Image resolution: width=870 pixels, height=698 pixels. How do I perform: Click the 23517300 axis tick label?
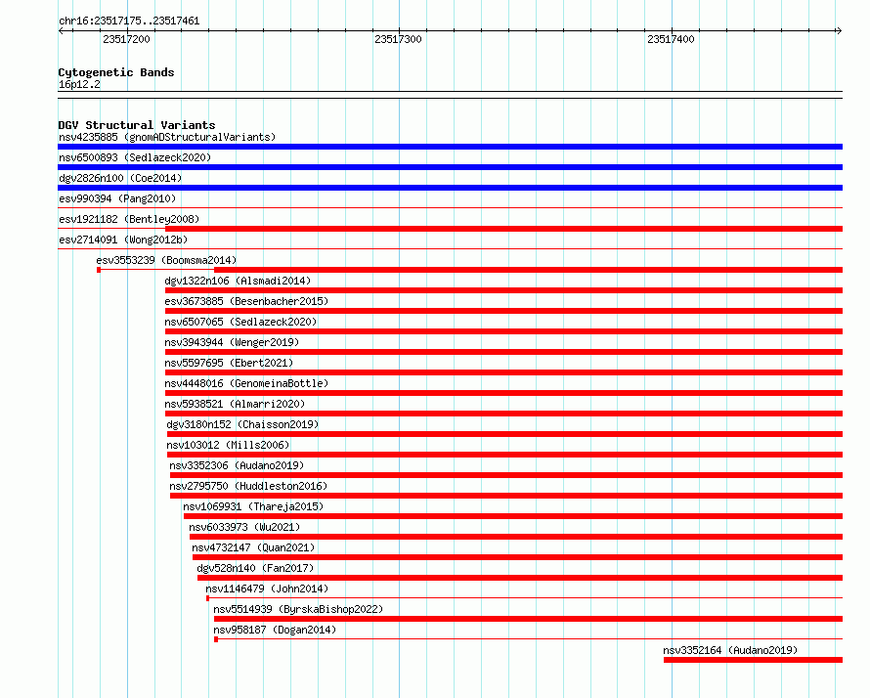click(x=398, y=39)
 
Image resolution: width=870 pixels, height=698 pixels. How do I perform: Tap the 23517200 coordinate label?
click(x=126, y=39)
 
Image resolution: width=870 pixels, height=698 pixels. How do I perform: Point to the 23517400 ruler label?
click(x=671, y=39)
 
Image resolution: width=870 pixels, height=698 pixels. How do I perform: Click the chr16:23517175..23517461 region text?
click(x=129, y=22)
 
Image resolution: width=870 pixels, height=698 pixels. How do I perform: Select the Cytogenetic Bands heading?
click(x=116, y=72)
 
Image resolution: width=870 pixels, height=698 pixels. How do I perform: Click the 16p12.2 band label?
click(x=79, y=84)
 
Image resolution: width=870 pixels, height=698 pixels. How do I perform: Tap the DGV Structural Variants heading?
click(x=137, y=125)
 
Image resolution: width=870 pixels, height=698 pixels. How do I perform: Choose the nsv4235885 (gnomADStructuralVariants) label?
click(x=167, y=137)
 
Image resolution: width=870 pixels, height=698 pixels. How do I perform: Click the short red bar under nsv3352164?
click(x=753, y=660)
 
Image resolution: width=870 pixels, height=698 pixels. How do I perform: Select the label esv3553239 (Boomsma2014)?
click(x=166, y=260)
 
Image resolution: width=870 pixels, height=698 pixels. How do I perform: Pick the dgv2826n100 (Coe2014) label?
click(x=120, y=178)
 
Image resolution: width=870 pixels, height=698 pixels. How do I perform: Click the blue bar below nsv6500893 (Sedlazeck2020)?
click(x=450, y=167)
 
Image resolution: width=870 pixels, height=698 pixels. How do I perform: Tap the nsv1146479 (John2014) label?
click(x=267, y=589)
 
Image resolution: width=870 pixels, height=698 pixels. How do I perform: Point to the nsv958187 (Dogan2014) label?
click(x=275, y=630)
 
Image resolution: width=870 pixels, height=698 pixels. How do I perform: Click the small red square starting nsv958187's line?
click(x=216, y=639)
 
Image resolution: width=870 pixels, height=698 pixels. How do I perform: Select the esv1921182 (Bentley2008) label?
click(x=129, y=219)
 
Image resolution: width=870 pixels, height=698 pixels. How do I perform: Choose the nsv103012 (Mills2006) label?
click(x=228, y=445)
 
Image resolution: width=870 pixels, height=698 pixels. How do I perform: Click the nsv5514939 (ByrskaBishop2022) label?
click(x=298, y=609)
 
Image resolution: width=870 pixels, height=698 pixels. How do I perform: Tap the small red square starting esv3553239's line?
click(x=99, y=270)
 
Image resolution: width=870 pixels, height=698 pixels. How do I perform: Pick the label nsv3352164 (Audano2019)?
click(x=730, y=650)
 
